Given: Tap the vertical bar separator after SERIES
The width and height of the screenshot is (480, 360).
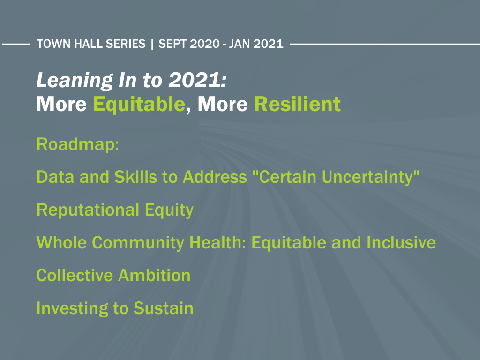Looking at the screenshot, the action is [152, 44].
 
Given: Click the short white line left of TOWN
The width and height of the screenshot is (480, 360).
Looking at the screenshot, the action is [16, 44].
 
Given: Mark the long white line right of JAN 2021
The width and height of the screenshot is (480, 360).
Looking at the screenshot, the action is [385, 44].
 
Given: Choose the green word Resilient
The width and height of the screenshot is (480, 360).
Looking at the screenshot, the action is [297, 104].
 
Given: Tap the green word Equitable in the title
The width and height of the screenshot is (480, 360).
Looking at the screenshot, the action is [139, 105].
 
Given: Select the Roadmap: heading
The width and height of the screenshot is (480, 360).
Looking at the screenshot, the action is [78, 144].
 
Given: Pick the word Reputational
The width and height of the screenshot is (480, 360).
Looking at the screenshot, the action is [88, 210].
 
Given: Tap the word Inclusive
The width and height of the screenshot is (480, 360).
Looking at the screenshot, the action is [401, 242].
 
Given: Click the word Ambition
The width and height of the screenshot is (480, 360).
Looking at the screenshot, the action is [154, 275].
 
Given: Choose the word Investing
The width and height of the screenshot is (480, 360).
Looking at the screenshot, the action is [72, 308].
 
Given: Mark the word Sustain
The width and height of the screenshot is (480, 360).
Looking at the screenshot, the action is [164, 308].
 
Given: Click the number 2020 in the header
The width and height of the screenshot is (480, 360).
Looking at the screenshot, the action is [205, 44].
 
